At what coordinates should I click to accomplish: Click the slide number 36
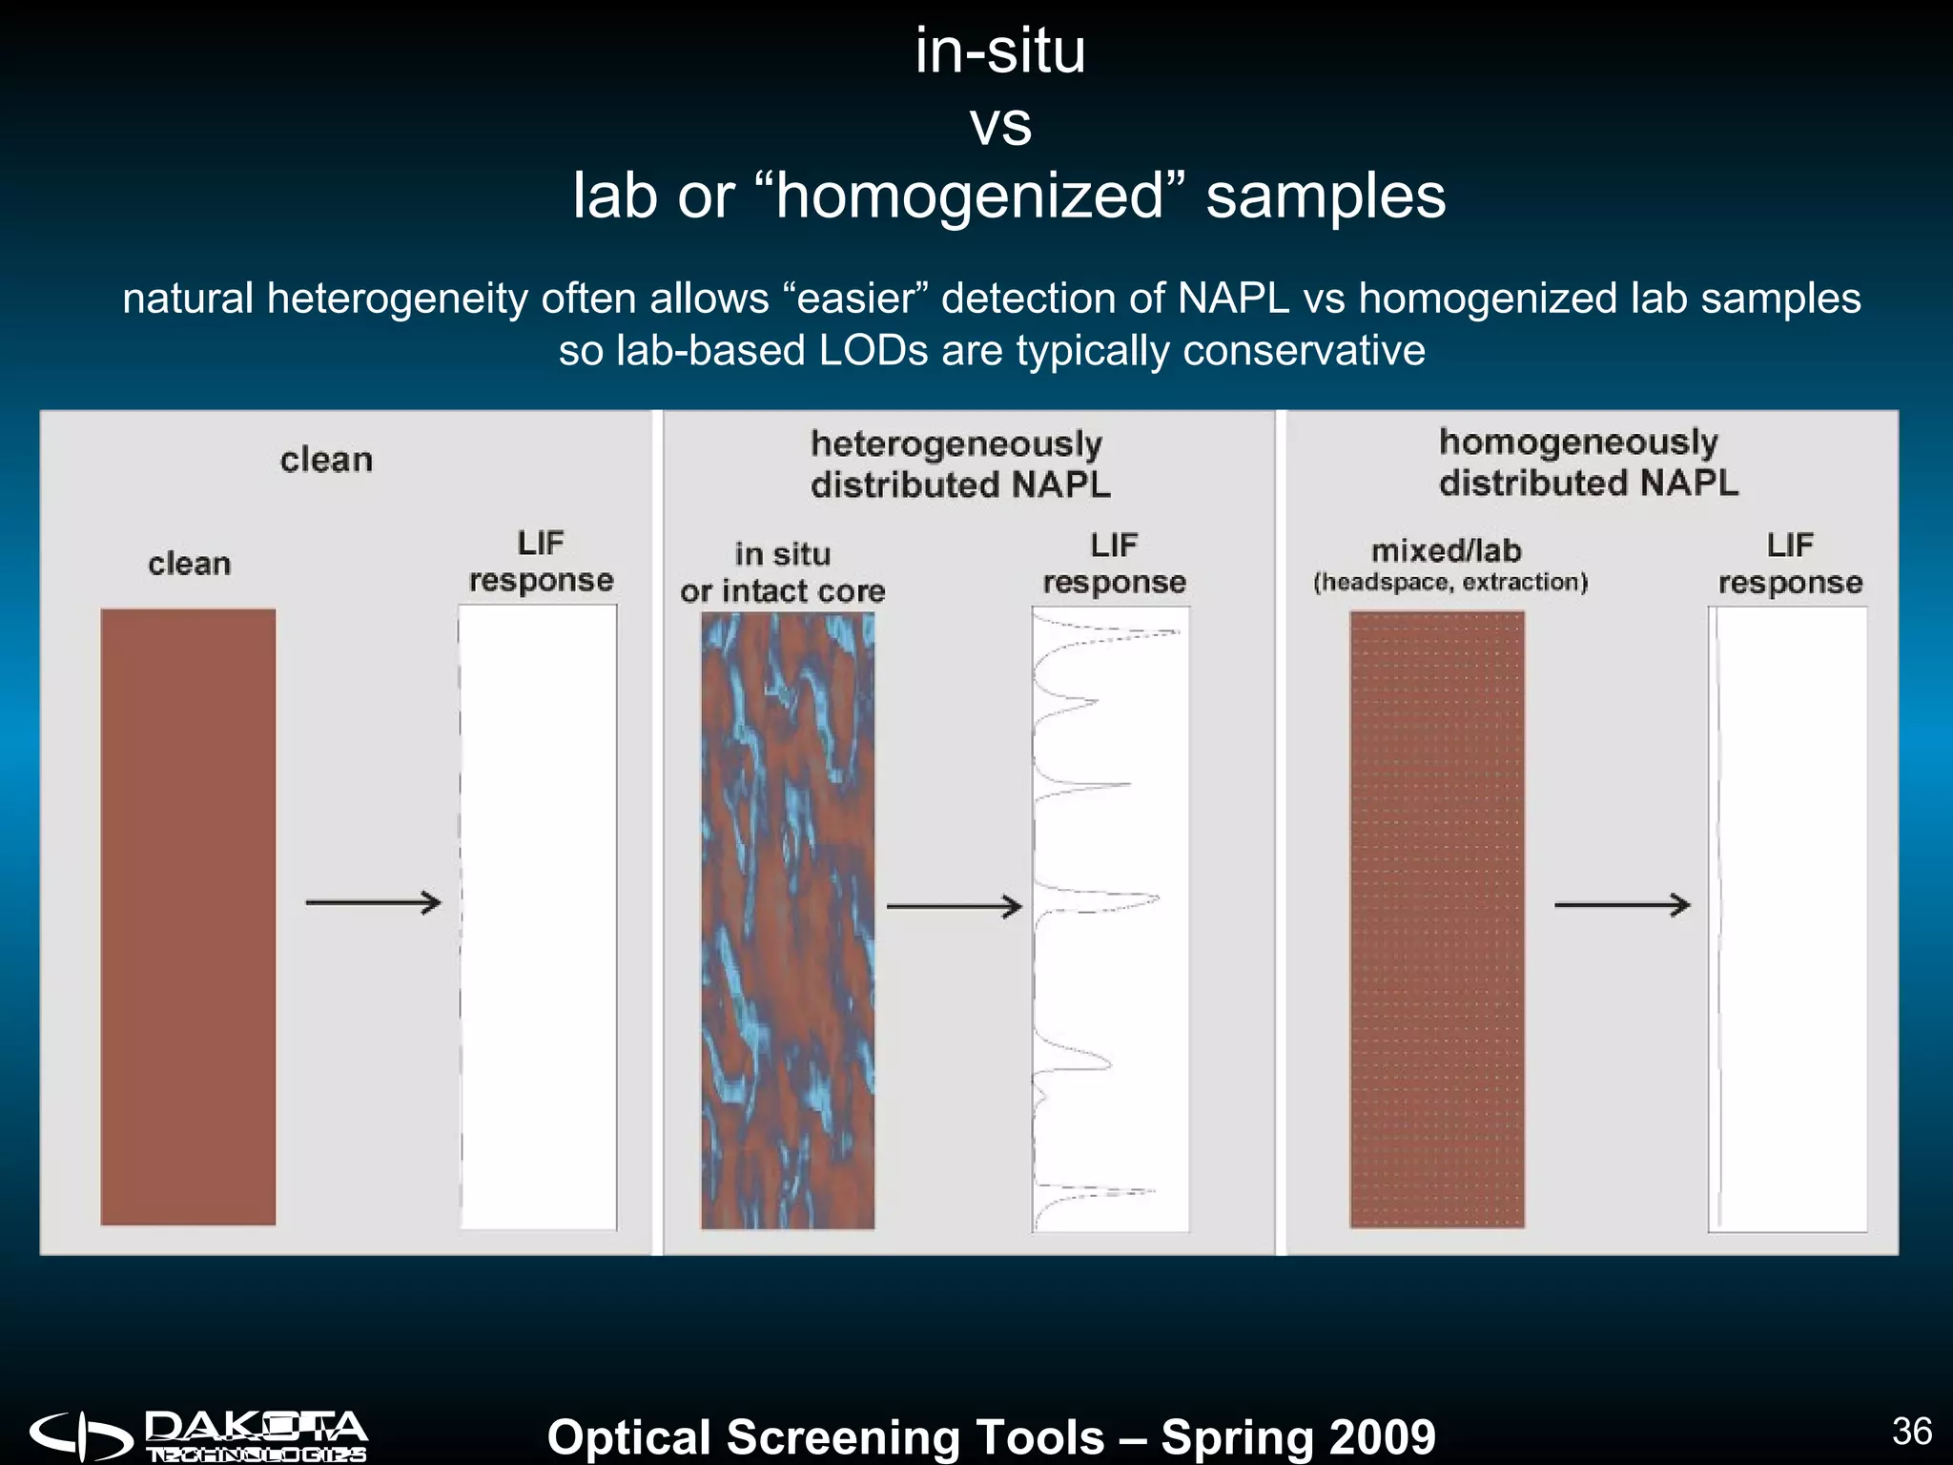[x=1911, y=1431]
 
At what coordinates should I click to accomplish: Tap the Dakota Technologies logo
[x=198, y=1436]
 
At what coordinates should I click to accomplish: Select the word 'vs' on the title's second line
[x=1000, y=124]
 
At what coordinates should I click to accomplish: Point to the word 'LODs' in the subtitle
[x=873, y=350]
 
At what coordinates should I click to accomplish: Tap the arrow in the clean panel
[x=373, y=902]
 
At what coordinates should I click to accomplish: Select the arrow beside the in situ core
[x=954, y=906]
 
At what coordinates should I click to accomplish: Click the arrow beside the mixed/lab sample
[x=1622, y=904]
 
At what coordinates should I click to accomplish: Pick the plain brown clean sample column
[x=188, y=916]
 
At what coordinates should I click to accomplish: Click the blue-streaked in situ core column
[x=788, y=920]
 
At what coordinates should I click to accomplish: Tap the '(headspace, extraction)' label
[x=1450, y=582]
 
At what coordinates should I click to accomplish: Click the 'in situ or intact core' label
[x=782, y=572]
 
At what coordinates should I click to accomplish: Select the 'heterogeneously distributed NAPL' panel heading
[x=959, y=464]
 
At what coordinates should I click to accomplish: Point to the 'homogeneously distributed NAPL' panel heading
[x=1588, y=463]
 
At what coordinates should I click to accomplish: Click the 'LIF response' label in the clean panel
[x=541, y=562]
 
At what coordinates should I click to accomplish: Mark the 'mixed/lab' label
[x=1446, y=550]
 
